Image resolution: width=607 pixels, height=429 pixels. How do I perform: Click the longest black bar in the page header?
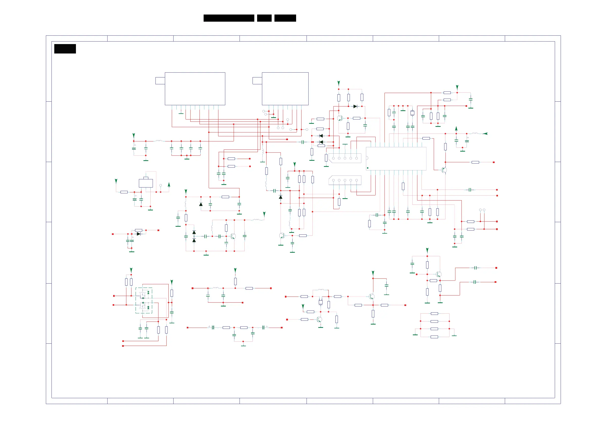[229, 18]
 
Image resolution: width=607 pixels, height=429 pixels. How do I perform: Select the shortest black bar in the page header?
[264, 18]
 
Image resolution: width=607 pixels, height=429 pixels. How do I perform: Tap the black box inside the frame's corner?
[65, 49]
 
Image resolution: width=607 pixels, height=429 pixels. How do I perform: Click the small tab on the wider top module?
[160, 81]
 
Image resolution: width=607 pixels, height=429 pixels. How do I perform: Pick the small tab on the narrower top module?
[257, 81]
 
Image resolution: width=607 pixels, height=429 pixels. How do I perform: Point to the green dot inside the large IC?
[367, 168]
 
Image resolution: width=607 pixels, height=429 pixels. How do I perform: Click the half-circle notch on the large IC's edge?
[367, 158]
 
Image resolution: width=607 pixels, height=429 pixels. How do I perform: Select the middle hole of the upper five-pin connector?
[345, 158]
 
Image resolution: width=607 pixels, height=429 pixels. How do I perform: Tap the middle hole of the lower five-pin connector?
[345, 180]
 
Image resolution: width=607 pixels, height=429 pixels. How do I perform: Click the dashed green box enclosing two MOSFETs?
[144, 301]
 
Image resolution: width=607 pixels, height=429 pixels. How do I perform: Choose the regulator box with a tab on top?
[146, 183]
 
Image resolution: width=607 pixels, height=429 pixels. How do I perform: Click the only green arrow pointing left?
[485, 134]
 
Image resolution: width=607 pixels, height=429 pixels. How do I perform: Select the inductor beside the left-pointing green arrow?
[475, 133]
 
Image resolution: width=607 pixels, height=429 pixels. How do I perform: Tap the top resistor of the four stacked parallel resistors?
[434, 314]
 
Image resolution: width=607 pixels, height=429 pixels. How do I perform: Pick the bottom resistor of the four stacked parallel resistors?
[434, 337]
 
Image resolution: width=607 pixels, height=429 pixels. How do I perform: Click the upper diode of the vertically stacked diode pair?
[194, 232]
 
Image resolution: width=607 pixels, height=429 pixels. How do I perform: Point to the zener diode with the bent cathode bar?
[201, 204]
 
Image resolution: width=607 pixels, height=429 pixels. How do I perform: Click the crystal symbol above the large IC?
[412, 113]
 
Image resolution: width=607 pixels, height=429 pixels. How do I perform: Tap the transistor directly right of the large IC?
[444, 170]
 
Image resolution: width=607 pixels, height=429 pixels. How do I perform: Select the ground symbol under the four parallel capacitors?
[187, 159]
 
